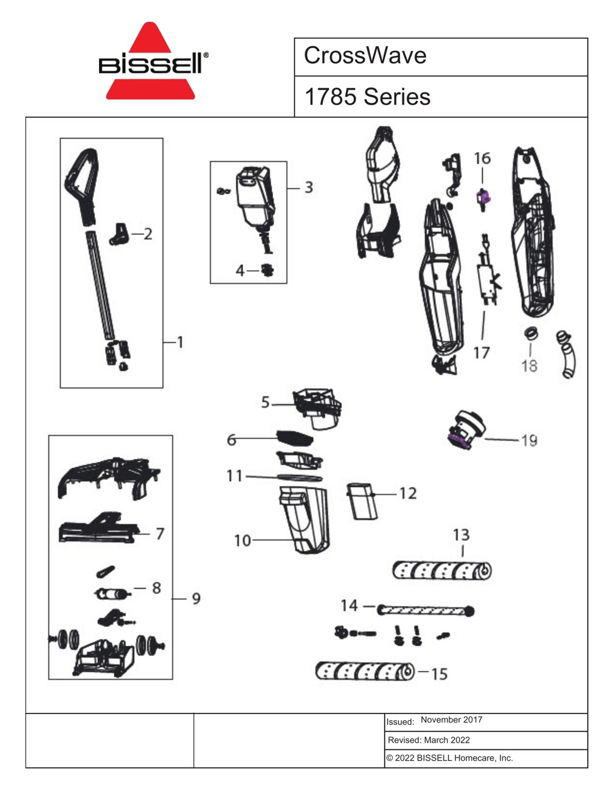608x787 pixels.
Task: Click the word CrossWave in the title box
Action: (365, 55)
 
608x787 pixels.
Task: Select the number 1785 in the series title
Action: (330, 97)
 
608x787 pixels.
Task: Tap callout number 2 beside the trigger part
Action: (148, 234)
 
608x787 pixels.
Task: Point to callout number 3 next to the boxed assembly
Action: (309, 187)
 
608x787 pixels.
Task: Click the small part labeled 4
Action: (268, 270)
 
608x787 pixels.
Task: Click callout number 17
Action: (482, 352)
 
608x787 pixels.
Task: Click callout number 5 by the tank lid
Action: (266, 403)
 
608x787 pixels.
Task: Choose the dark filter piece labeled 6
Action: (295, 439)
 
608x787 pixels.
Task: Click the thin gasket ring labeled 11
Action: (299, 477)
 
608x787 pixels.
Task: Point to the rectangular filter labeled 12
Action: (362, 501)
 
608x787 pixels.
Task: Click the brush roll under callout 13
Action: (442, 570)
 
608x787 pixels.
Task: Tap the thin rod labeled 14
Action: (426, 611)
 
